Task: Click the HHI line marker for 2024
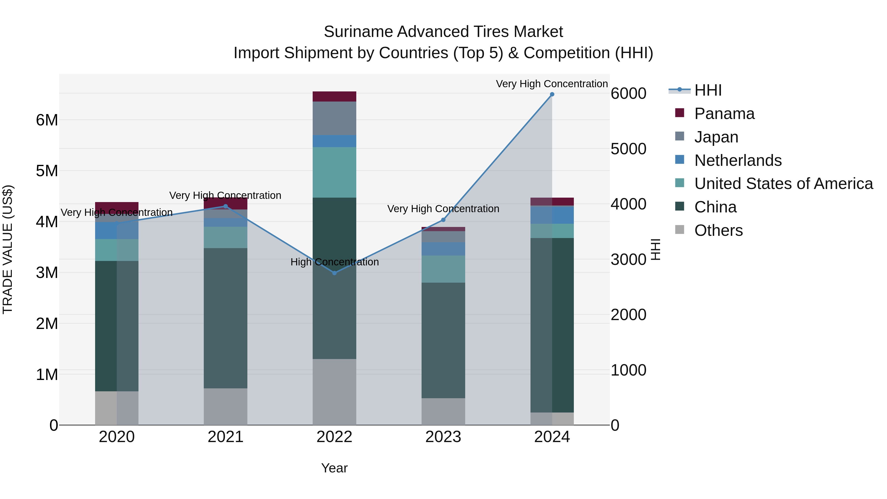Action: pyautogui.click(x=552, y=94)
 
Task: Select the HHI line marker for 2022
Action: pyautogui.click(x=334, y=273)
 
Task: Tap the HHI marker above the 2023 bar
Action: pyautogui.click(x=443, y=220)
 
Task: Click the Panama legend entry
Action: pyautogui.click(x=724, y=114)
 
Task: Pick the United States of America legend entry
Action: pyautogui.click(x=783, y=184)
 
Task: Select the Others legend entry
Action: pyautogui.click(x=718, y=230)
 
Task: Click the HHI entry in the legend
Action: pyautogui.click(x=708, y=90)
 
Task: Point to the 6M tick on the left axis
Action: pyautogui.click(x=47, y=120)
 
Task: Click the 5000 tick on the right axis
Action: pyautogui.click(x=628, y=149)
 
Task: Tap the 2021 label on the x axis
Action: pyautogui.click(x=225, y=437)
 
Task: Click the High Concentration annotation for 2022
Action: pyautogui.click(x=334, y=262)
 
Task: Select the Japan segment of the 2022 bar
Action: pyautogui.click(x=334, y=118)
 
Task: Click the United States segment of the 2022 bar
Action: pyautogui.click(x=334, y=172)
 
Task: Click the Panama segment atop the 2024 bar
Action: pyautogui.click(x=552, y=202)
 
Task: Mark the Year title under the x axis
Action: pyautogui.click(x=334, y=468)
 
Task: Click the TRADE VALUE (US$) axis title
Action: pyautogui.click(x=8, y=249)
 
